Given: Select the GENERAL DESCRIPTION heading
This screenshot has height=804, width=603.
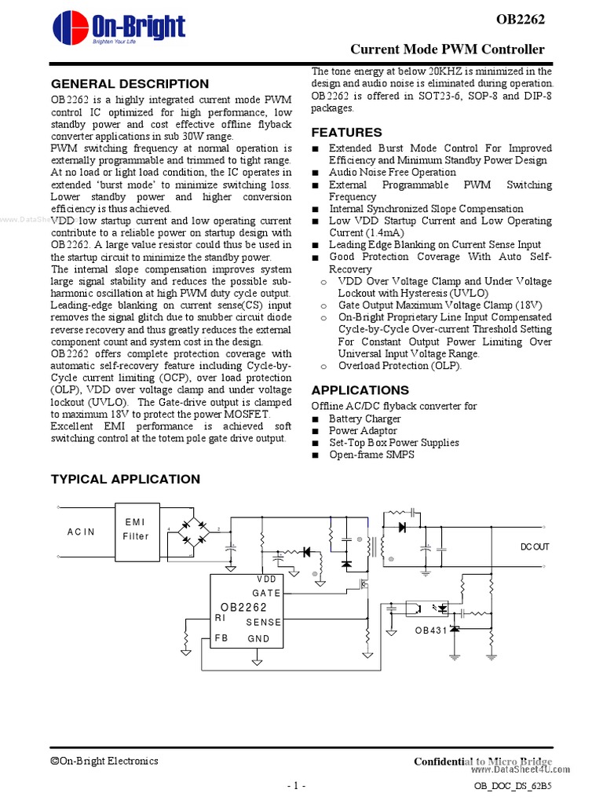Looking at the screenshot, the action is [x=130, y=84].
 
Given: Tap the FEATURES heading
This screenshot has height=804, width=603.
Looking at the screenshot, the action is [x=346, y=132].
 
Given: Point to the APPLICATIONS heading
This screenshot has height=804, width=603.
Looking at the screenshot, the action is [x=360, y=390].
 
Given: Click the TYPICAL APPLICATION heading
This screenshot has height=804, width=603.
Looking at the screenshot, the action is [x=125, y=479].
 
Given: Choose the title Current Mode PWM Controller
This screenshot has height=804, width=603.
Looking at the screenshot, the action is [x=447, y=49].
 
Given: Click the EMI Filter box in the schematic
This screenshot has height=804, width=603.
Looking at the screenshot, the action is [x=135, y=529].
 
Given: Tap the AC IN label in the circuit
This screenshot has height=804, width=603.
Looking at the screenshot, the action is [x=81, y=532].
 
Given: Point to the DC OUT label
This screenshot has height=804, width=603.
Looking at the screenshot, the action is [x=535, y=546].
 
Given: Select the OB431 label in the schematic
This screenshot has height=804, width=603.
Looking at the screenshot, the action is [x=431, y=630].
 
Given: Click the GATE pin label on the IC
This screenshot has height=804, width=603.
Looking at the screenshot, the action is [x=267, y=594].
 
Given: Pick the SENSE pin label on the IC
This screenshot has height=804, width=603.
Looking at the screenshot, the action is [x=263, y=622].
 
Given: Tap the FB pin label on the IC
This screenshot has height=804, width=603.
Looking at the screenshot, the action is [x=221, y=638].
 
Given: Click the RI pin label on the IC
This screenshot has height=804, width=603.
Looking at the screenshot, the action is [x=220, y=618].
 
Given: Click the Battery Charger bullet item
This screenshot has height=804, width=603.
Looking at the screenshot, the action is [x=364, y=418].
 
